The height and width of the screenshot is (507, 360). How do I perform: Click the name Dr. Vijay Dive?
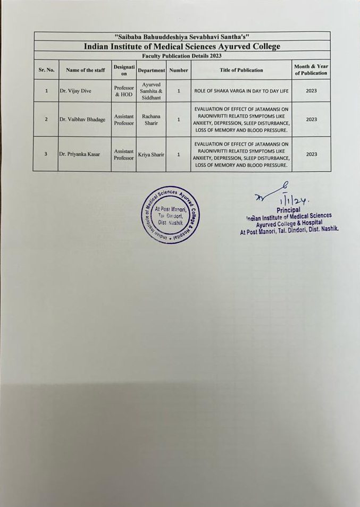75,91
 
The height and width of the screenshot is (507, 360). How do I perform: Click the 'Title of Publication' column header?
241,70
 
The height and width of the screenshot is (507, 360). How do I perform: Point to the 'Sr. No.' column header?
47,70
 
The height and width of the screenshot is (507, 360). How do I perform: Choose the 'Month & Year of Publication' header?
311,70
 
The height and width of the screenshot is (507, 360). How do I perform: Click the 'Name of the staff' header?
85,70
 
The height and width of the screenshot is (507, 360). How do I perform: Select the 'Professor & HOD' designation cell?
124,91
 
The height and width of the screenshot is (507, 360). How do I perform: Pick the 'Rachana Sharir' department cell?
151,120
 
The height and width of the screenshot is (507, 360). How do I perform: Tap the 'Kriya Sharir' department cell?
151,154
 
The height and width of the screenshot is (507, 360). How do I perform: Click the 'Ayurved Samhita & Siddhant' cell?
151,91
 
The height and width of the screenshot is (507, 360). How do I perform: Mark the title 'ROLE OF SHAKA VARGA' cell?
241,91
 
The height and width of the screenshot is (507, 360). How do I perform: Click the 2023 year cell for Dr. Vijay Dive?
311,91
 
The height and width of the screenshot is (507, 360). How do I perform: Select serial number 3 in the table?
46,154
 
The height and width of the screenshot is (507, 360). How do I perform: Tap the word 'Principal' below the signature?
288,210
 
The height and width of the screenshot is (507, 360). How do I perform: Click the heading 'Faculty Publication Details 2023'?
182,55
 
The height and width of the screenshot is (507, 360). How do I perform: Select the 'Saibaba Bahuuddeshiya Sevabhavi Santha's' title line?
182,36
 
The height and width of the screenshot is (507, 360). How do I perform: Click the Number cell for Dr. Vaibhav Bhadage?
179,120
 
